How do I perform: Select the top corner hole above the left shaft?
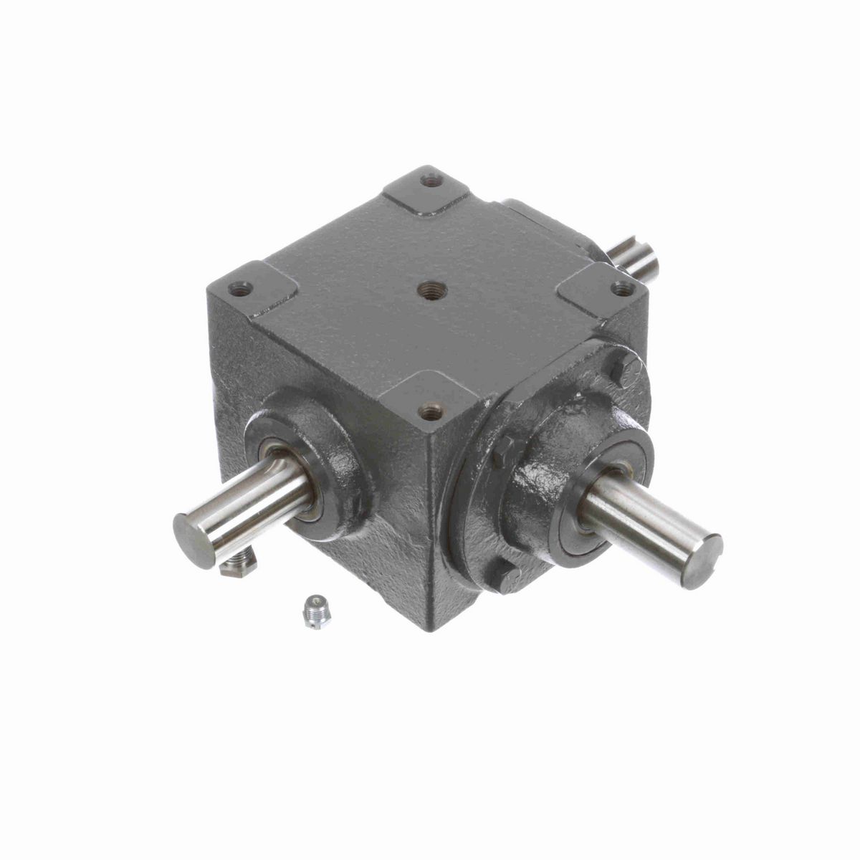click(x=240, y=290)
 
